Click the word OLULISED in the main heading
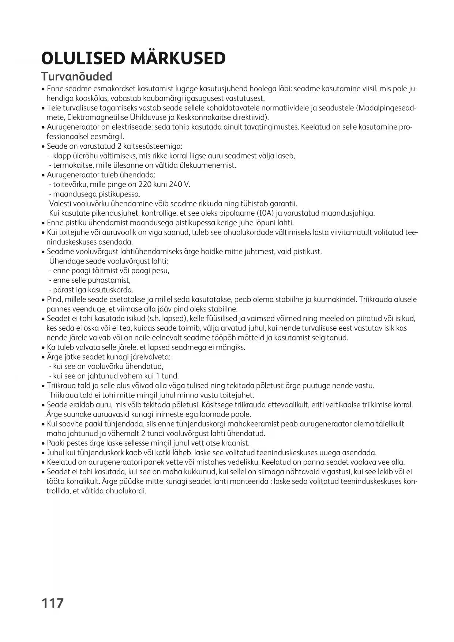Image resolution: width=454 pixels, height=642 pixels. point(83,59)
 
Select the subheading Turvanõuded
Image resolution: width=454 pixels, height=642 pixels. point(76,76)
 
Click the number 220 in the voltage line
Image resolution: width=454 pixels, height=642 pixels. point(145,184)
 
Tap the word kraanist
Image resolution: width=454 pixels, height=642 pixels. point(236,443)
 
